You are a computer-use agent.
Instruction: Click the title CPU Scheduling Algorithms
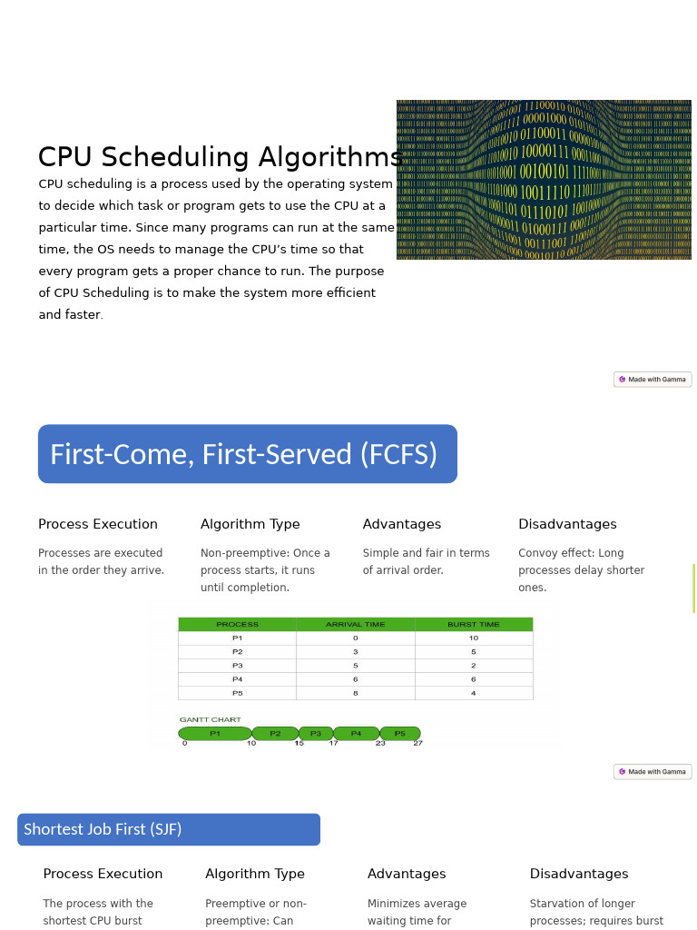pos(221,158)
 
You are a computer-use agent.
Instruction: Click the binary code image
pos(544,180)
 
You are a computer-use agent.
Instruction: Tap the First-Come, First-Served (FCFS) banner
pos(247,454)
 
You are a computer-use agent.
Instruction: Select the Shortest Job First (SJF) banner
pos(169,829)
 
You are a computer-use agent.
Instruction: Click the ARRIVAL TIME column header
pos(355,625)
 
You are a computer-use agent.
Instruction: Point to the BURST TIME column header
pos(474,625)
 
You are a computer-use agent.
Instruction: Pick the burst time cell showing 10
pos(474,638)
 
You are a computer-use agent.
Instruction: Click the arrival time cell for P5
pos(355,693)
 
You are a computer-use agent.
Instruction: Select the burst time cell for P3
pos(474,666)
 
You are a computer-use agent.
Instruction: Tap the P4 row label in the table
pos(237,679)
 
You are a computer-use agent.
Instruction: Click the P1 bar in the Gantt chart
pos(215,734)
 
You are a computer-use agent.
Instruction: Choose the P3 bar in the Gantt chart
pos(316,734)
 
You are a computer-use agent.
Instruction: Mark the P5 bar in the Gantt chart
pos(400,734)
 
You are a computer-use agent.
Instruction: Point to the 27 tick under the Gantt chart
pos(418,744)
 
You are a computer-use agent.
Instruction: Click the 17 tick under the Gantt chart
pos(333,744)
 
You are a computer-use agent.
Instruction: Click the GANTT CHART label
pos(210,720)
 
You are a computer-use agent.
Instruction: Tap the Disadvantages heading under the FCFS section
pos(567,525)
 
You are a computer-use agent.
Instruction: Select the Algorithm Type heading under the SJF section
pos(255,875)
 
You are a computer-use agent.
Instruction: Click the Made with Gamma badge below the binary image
pos(653,380)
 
